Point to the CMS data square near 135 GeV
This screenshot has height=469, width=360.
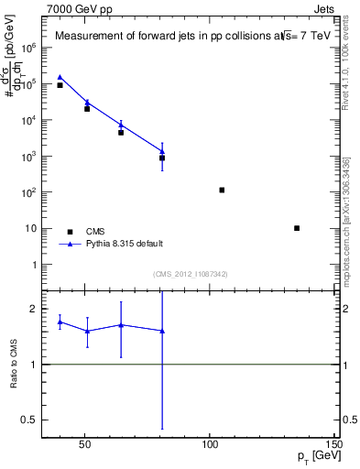pos(297,228)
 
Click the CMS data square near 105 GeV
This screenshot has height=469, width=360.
pos(222,190)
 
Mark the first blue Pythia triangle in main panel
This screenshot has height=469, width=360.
pos(60,78)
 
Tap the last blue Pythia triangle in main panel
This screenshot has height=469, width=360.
pos(162,151)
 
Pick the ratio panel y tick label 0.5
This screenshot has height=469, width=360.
pos(27,420)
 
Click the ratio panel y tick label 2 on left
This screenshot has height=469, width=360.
pos(33,310)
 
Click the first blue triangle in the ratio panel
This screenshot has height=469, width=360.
pos(60,322)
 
